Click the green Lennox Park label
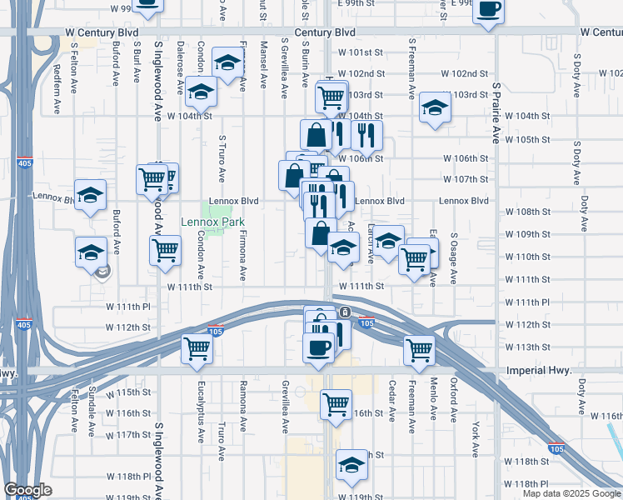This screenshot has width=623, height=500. click(213, 222)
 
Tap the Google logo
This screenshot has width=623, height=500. click(27, 490)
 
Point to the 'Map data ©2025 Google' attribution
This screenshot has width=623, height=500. click(571, 493)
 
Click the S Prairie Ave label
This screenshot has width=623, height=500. click(496, 107)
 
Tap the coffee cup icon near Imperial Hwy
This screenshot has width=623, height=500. click(318, 348)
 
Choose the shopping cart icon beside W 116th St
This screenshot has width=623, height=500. click(336, 404)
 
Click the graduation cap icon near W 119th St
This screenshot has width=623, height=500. click(351, 465)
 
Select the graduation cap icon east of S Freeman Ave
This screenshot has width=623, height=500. click(433, 107)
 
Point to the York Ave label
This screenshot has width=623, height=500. click(475, 439)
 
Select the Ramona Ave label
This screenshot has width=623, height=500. click(243, 400)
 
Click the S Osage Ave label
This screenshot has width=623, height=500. click(454, 260)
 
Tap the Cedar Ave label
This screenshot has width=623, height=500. click(391, 400)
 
